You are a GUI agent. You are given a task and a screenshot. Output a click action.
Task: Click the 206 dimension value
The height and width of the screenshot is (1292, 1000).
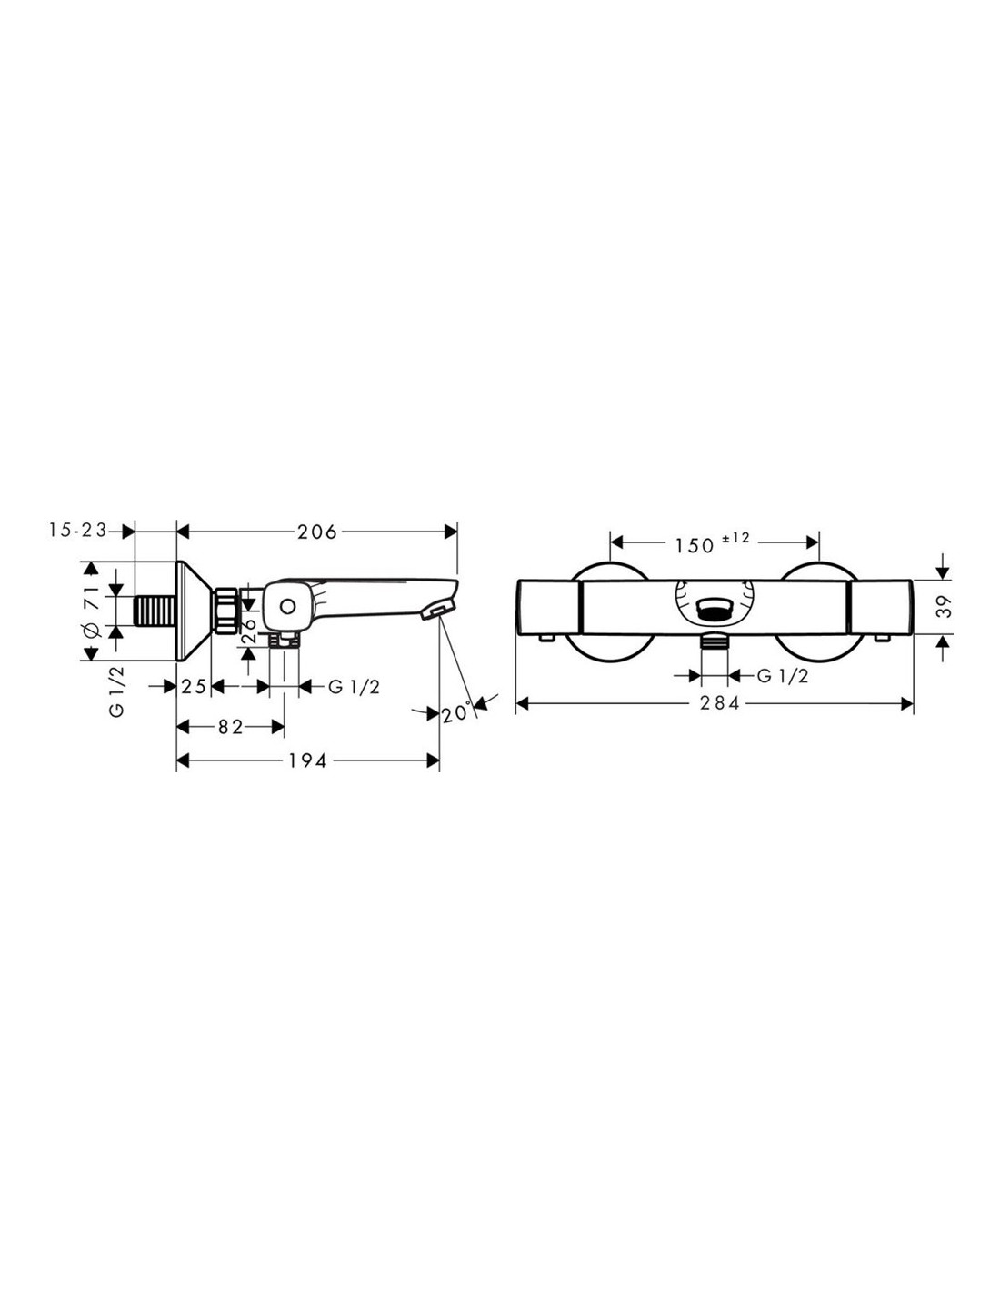[x=316, y=532]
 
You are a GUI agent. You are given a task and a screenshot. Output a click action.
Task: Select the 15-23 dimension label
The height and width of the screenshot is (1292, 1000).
[x=77, y=530]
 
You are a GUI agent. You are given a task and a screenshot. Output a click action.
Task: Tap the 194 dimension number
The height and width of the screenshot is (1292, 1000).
[x=307, y=760]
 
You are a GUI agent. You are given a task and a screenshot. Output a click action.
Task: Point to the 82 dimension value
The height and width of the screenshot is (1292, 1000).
[x=230, y=727]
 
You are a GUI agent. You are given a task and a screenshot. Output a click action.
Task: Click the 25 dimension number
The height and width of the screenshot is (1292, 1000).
[x=194, y=687]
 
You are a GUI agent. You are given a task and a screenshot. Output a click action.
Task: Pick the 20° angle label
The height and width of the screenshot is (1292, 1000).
[x=457, y=713]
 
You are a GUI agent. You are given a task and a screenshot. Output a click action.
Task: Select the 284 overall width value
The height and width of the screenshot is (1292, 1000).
[x=719, y=703]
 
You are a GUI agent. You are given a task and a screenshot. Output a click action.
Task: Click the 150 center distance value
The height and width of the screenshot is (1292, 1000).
[x=694, y=545]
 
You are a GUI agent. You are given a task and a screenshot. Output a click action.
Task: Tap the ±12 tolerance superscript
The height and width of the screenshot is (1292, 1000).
[x=735, y=538]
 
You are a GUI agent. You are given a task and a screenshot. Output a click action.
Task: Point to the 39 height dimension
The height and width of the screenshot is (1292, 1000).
[x=944, y=606]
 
